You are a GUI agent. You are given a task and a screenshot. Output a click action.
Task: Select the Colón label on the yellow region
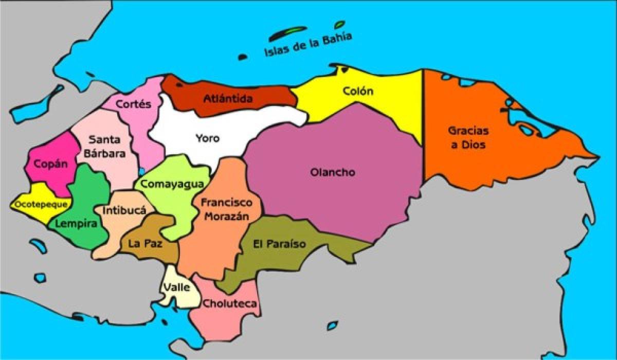(x=358, y=92)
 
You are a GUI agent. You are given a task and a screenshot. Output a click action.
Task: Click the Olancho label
(x=333, y=172)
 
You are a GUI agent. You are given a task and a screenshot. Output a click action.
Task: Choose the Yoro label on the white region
(x=207, y=138)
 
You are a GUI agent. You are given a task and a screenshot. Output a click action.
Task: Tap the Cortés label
(x=133, y=104)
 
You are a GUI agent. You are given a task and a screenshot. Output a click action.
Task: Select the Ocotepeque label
(x=34, y=204)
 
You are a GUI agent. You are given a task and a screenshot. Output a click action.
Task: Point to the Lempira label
(x=76, y=224)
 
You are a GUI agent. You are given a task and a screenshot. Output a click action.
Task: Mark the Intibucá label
(x=124, y=210)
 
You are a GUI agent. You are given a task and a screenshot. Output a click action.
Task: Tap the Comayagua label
(x=172, y=184)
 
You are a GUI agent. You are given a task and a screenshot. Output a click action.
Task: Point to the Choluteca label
(x=229, y=304)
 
